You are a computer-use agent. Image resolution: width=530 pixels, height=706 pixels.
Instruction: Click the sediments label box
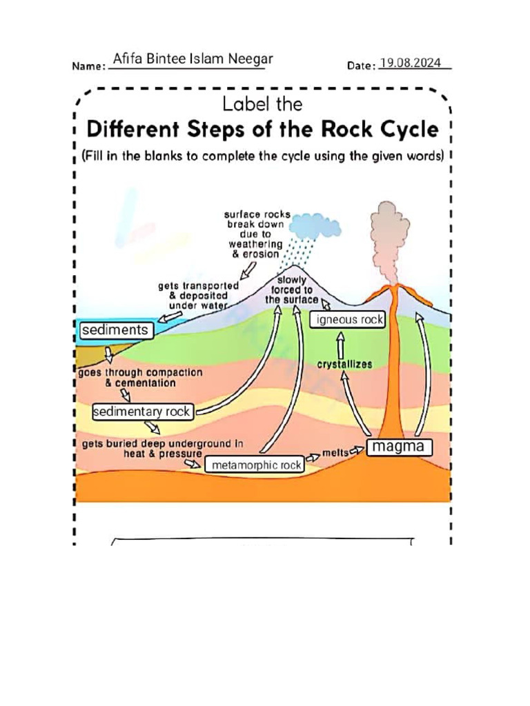(x=115, y=330)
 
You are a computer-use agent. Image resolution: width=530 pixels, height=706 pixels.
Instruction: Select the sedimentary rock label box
(x=142, y=412)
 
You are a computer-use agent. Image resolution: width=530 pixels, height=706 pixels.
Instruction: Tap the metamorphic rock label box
(x=256, y=465)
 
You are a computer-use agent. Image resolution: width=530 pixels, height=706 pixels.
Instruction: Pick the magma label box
(x=400, y=447)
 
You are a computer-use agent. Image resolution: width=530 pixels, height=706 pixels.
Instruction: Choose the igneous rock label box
(x=346, y=320)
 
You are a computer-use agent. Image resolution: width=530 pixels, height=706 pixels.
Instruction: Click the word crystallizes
(x=344, y=364)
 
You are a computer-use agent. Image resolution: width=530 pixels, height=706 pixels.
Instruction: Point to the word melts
(x=335, y=454)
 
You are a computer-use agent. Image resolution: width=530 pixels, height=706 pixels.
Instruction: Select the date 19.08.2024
(x=410, y=63)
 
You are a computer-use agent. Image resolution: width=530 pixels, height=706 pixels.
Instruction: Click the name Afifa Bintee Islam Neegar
(x=193, y=59)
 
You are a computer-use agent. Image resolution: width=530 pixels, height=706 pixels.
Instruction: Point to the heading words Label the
(x=262, y=105)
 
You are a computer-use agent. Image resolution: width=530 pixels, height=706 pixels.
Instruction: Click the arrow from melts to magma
(x=357, y=450)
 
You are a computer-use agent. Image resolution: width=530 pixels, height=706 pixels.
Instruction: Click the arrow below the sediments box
(x=108, y=354)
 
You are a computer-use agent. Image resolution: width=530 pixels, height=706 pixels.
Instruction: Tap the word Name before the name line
(x=88, y=67)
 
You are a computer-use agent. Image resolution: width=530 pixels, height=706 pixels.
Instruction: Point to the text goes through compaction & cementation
(x=140, y=377)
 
